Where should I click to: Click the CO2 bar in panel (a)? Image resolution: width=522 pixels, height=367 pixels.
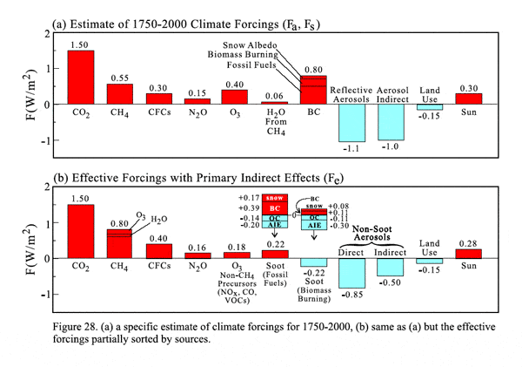(81, 78)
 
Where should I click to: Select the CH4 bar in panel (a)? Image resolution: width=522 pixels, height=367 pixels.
(121, 94)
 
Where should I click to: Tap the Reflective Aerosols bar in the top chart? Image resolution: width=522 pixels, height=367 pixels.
(352, 123)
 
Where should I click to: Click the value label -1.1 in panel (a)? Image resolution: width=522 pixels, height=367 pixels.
(351, 149)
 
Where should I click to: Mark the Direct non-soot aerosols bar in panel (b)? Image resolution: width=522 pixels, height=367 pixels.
(352, 274)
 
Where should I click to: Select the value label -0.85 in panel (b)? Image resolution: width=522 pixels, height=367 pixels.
(352, 294)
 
